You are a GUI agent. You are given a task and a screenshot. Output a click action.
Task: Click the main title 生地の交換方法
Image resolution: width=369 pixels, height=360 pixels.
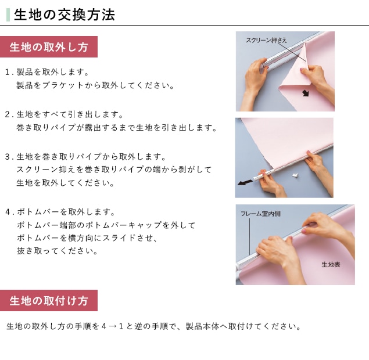(x=65, y=15)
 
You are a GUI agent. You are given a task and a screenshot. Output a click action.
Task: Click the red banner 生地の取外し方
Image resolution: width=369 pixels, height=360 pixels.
(x=49, y=47)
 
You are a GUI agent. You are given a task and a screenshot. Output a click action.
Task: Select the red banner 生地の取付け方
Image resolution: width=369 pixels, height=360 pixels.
(x=49, y=301)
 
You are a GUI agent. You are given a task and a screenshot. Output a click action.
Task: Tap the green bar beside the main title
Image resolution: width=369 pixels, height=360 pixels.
(x=8, y=15)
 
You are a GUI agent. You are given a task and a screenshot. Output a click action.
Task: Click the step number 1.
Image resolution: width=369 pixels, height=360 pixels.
(x=8, y=72)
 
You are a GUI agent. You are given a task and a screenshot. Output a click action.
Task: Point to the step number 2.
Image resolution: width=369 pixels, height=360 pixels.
(x=8, y=114)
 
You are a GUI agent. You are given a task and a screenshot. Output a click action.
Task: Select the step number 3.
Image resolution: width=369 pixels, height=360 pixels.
(x=8, y=157)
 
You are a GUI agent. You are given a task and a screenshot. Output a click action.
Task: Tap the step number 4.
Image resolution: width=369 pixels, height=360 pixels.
(x=8, y=212)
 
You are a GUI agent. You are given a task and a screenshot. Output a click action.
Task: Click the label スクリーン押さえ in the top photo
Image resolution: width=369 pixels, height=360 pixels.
(x=266, y=40)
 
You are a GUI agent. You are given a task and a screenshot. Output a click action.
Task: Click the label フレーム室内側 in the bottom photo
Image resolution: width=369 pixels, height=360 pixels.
(x=260, y=214)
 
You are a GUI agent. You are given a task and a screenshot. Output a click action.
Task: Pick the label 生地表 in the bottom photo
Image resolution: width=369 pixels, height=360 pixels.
(x=331, y=265)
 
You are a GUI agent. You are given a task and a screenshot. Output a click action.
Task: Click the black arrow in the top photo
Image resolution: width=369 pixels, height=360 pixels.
(x=306, y=93)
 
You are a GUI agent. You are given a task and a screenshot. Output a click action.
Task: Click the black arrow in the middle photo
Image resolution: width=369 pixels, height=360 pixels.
(x=245, y=182)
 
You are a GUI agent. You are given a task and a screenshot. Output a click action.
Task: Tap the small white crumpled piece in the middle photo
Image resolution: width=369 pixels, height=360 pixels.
(x=295, y=175)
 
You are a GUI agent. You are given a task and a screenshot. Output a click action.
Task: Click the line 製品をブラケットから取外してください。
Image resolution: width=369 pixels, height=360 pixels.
(x=95, y=85)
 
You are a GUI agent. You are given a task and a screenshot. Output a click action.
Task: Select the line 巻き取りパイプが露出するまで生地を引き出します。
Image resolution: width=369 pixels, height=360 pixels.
(x=117, y=128)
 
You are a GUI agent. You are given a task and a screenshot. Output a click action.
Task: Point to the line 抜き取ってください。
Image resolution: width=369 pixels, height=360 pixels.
(x=57, y=251)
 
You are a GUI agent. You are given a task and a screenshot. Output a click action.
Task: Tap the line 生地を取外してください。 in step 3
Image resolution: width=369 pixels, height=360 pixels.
(x=65, y=183)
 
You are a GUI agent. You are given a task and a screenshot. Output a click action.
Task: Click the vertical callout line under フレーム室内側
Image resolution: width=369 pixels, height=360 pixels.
(x=250, y=236)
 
